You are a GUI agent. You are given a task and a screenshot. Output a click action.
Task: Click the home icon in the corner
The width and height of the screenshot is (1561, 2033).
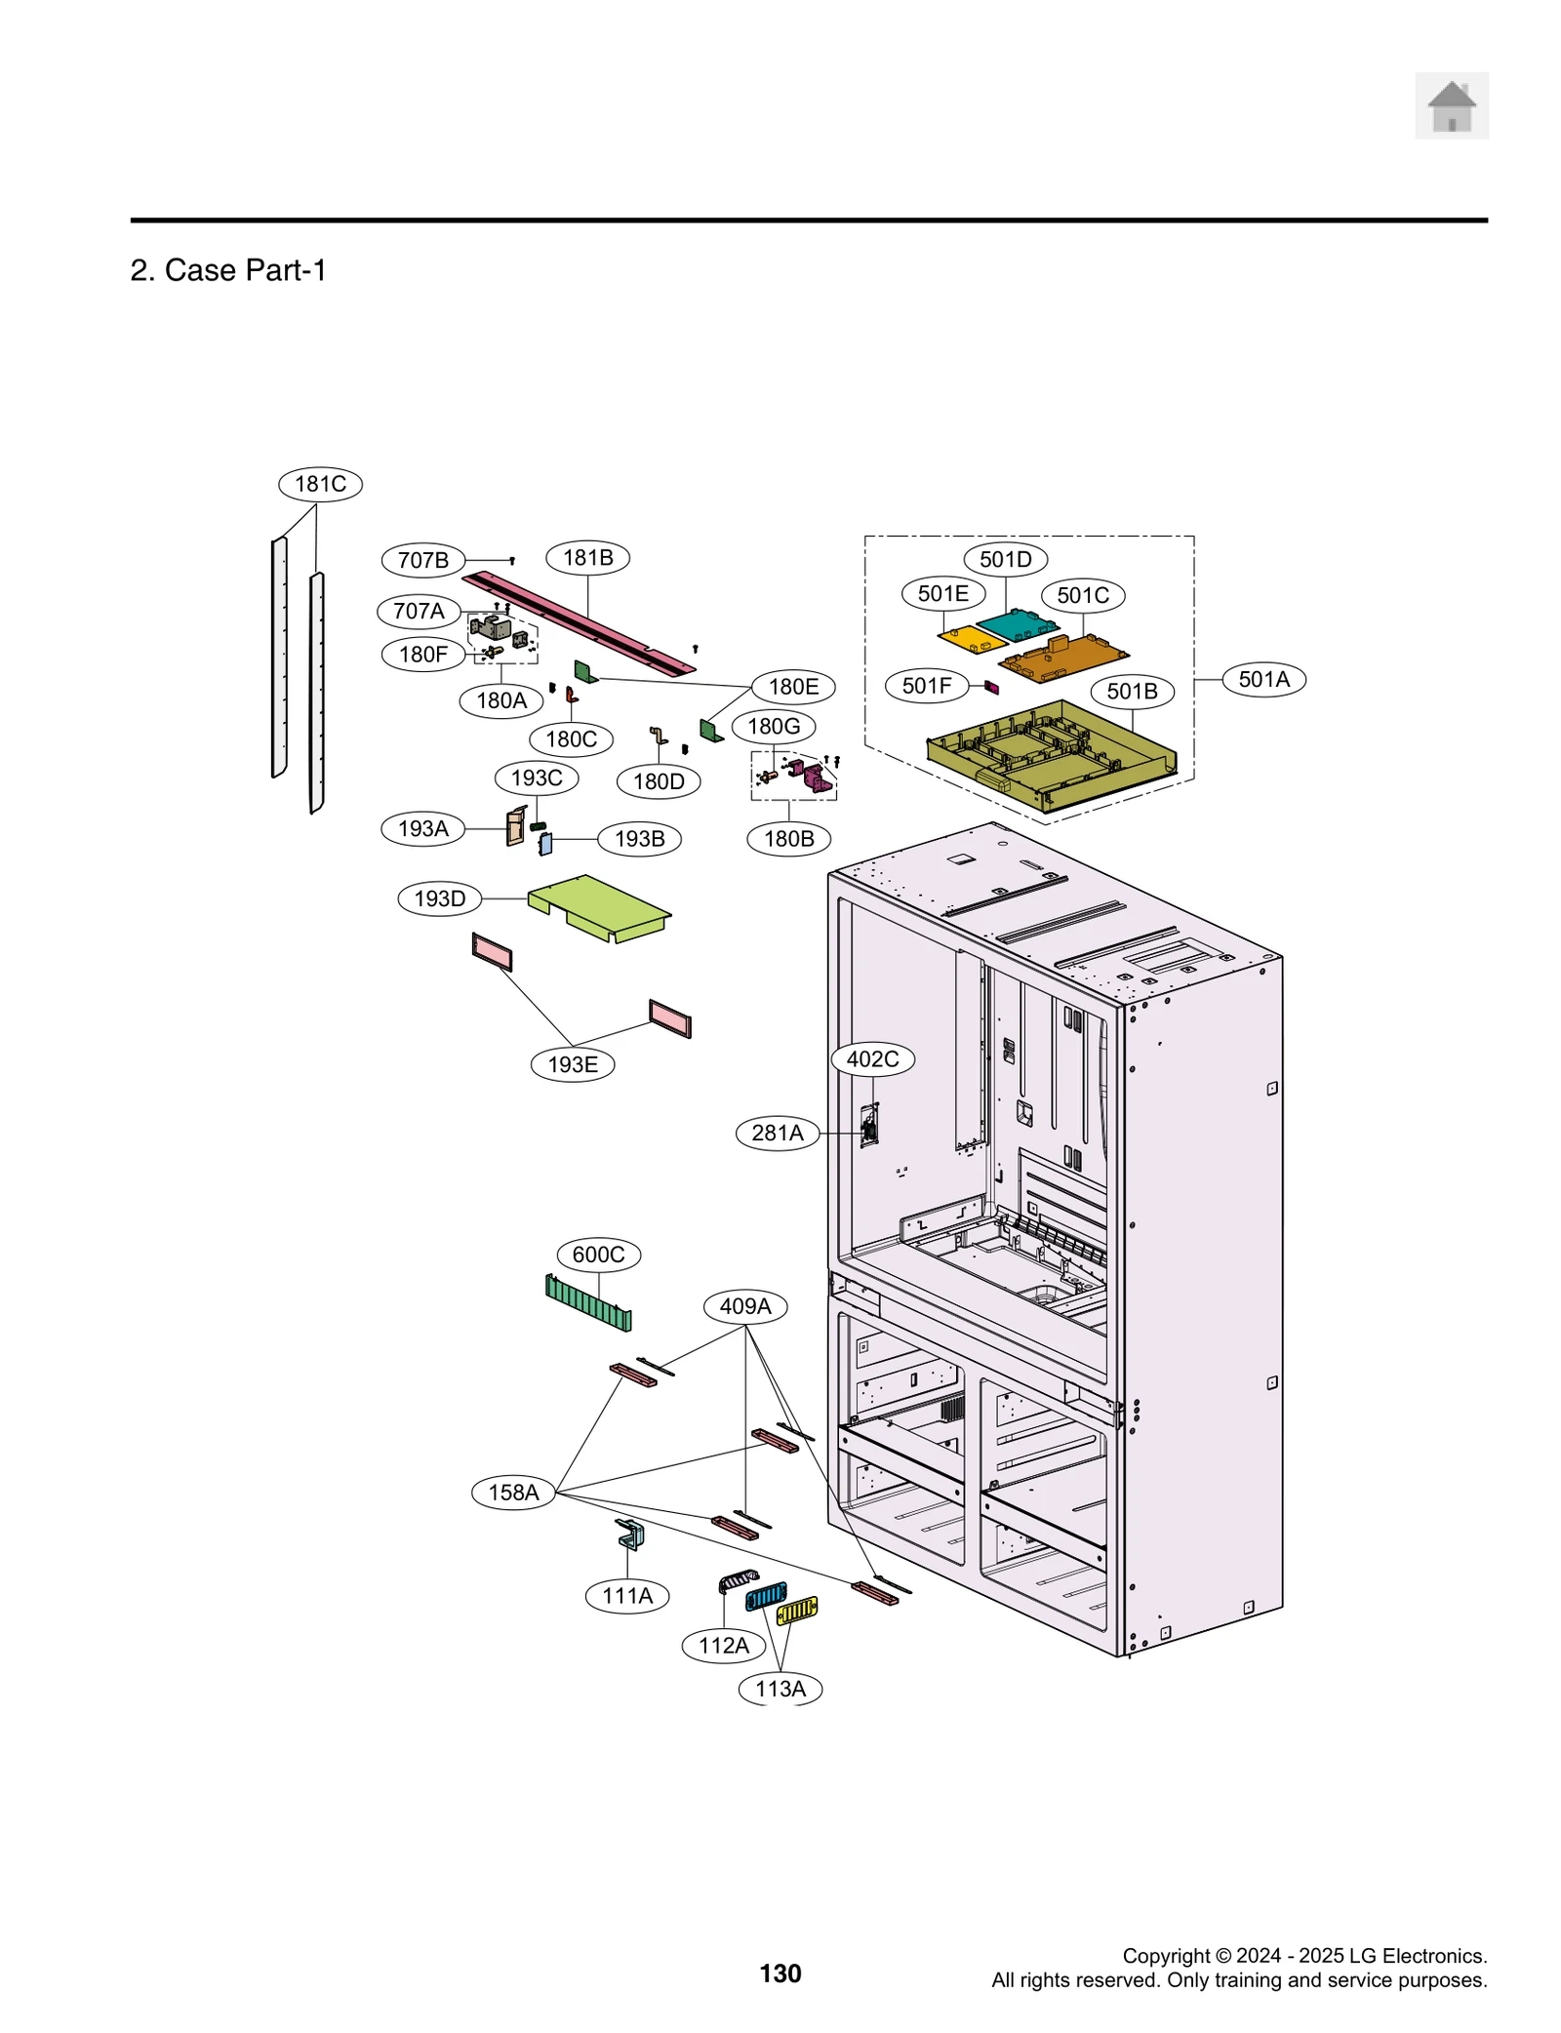coord(1451,105)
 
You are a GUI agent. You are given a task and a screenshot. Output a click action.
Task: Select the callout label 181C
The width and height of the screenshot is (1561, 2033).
coord(320,484)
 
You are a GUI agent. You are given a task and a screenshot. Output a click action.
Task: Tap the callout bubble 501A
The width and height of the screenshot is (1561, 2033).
coord(1262,679)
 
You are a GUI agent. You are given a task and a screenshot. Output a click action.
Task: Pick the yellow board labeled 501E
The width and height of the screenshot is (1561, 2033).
coord(971,639)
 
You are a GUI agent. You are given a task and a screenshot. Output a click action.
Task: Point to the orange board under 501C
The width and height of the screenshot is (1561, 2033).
coord(1063,658)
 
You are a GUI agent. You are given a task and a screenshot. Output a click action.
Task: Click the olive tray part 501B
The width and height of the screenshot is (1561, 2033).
coord(1049,756)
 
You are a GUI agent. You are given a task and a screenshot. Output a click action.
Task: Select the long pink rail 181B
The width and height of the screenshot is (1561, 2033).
coord(580,622)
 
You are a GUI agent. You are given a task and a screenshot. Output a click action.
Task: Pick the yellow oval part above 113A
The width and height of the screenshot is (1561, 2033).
coord(796,1611)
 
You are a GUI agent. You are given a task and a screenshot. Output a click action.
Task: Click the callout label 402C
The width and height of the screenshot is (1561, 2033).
coord(872,1058)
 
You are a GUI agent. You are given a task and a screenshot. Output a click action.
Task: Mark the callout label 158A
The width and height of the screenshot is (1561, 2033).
coord(513,1492)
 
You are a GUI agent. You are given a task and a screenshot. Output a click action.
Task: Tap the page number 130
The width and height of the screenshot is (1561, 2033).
coord(780,1973)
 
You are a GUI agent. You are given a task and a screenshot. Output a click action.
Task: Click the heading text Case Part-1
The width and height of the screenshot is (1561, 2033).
coord(244,270)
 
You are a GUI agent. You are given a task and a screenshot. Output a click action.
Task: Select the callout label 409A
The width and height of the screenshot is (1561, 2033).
coord(744,1306)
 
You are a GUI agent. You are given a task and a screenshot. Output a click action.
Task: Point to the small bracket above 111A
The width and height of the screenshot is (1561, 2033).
coord(629,1534)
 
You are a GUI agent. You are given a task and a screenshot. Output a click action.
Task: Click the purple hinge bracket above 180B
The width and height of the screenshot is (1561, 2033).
coord(816,777)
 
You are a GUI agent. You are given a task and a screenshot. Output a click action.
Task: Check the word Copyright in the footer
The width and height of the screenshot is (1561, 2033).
coord(1165,1955)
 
